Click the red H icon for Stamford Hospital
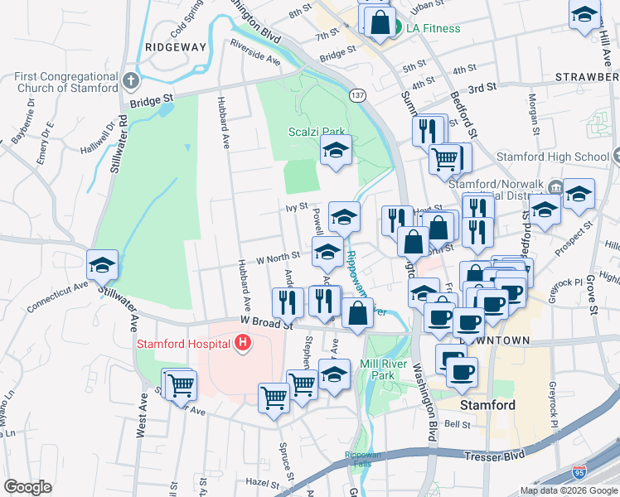coord(242,342)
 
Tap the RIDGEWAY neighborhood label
coord(175,47)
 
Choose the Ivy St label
coord(298,205)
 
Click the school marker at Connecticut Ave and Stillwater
coord(104,264)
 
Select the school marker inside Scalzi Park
coord(337,150)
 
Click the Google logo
coord(28,487)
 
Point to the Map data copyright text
coord(568,490)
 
